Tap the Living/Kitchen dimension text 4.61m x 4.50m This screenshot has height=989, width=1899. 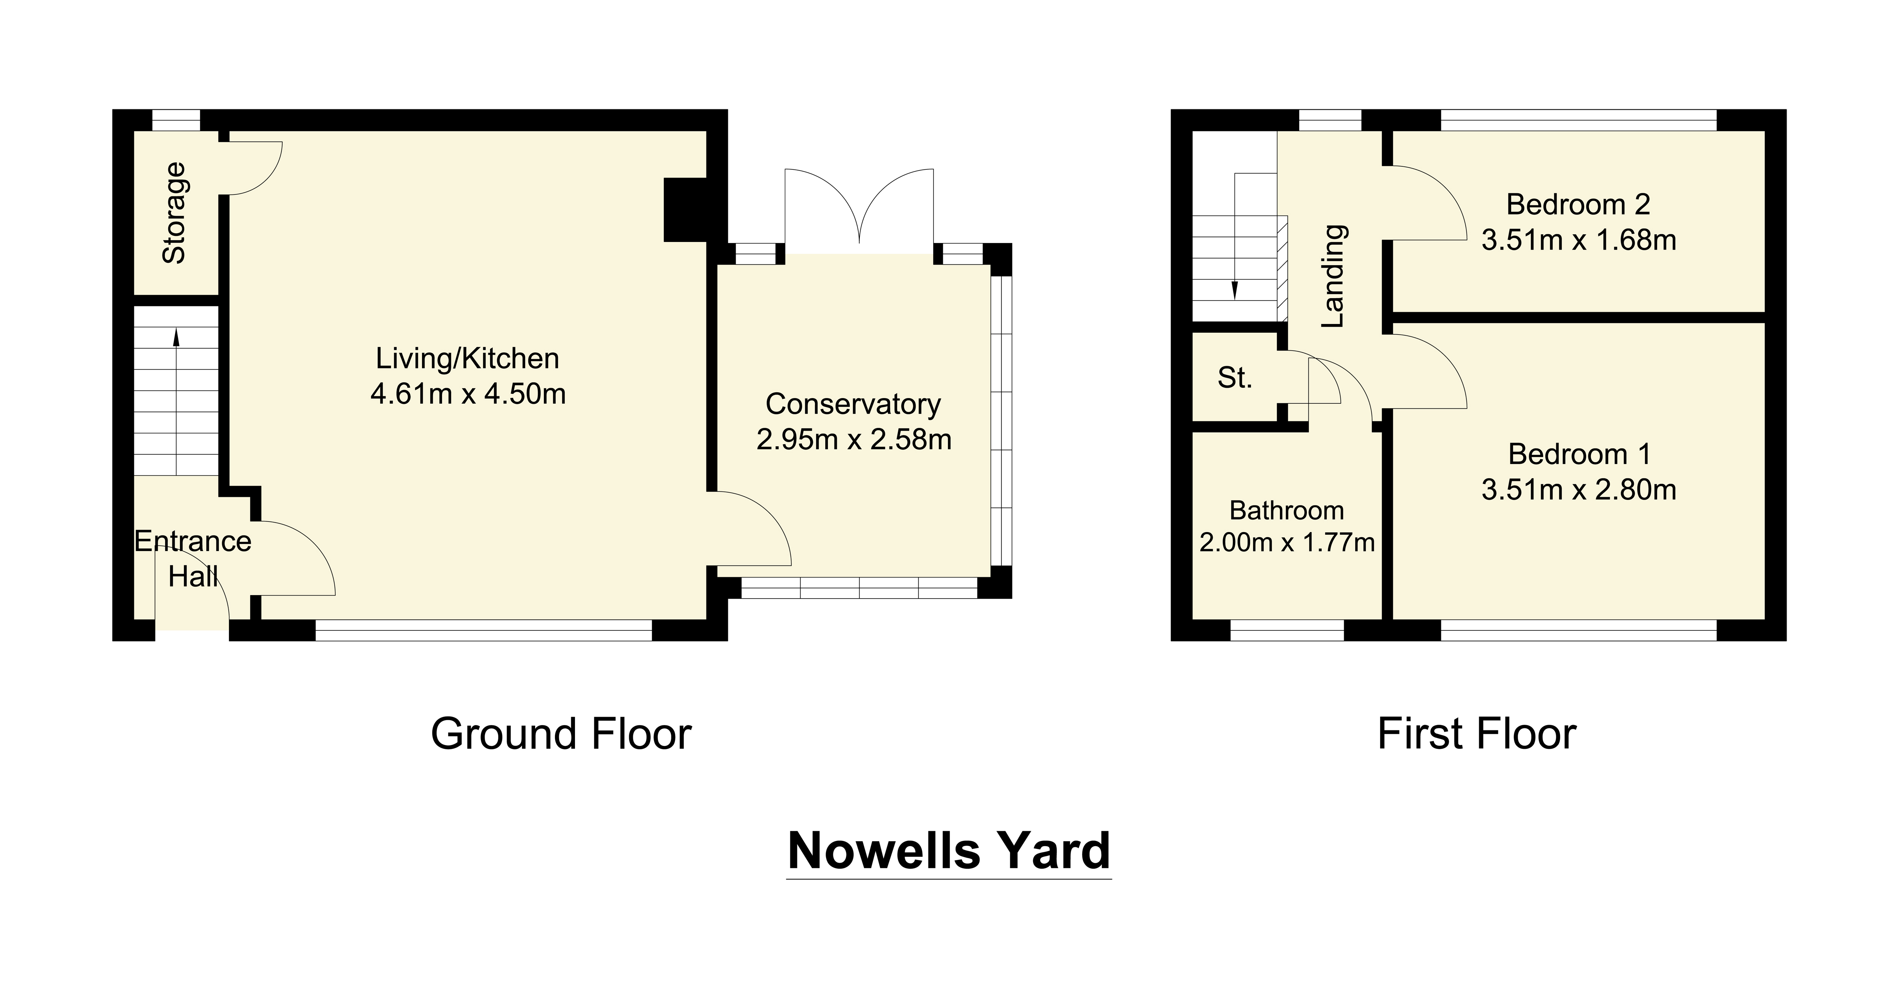(468, 394)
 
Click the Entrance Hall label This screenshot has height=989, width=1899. (193, 559)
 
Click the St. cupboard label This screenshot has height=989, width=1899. (1235, 378)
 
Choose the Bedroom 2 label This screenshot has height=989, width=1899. (1578, 204)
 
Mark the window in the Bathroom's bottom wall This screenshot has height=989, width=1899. (1287, 630)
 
